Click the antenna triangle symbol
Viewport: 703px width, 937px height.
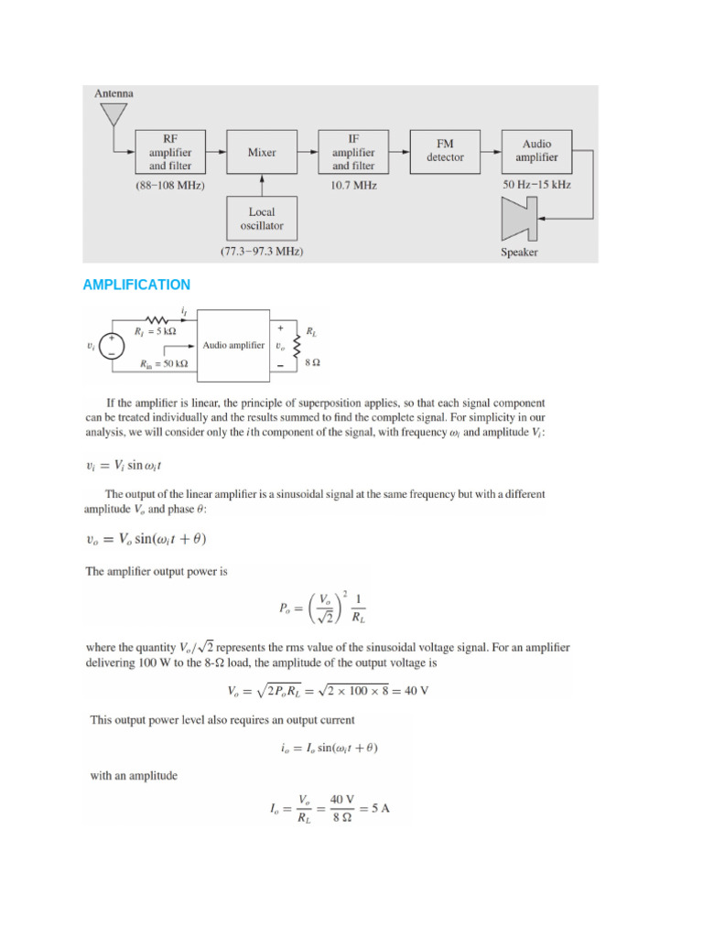point(114,114)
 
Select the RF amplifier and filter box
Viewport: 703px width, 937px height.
point(170,153)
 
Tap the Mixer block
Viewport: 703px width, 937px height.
point(262,153)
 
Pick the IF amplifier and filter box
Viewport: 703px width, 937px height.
point(353,153)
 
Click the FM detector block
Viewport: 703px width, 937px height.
point(445,151)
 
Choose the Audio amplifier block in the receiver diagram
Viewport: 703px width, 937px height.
point(537,151)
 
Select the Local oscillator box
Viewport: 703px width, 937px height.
point(262,219)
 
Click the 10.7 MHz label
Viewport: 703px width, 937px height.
point(353,186)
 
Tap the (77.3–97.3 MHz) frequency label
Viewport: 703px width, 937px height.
point(262,251)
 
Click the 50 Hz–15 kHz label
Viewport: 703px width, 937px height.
point(537,185)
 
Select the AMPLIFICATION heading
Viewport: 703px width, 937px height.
point(136,285)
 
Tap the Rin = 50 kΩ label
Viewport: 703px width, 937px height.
point(165,363)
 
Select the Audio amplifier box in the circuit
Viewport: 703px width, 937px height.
point(233,345)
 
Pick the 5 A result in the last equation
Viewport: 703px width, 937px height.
point(380,808)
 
